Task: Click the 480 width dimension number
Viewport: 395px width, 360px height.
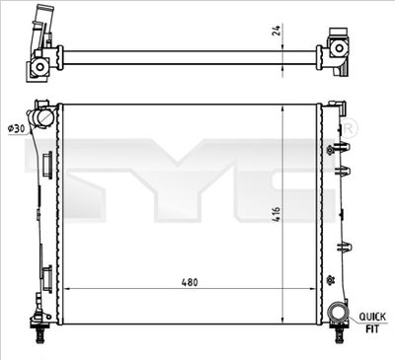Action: pyautogui.click(x=191, y=282)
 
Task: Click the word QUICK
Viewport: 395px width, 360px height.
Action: pyautogui.click(x=371, y=316)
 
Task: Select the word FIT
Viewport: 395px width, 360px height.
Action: pyautogui.click(x=371, y=327)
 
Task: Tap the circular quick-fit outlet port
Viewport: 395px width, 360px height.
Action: pyautogui.click(x=338, y=316)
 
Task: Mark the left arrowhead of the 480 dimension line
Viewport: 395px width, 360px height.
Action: pyautogui.click(x=65, y=288)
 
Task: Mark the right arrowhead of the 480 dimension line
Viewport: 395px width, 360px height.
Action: pyautogui.click(x=315, y=288)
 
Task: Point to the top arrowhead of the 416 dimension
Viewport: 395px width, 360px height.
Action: pyautogui.click(x=283, y=106)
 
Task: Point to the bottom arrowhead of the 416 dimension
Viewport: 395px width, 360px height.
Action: pyautogui.click(x=283, y=322)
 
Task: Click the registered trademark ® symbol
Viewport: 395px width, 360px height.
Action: pyautogui.click(x=350, y=130)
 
